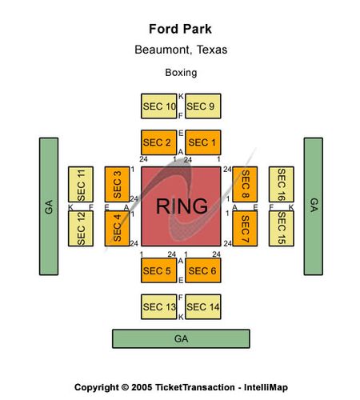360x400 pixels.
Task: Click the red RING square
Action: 181,206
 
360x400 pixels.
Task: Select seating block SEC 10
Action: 158,106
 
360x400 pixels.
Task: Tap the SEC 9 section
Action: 203,106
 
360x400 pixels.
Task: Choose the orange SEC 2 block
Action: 158,142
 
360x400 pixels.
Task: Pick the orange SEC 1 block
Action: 203,142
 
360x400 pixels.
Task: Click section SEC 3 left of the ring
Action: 117,184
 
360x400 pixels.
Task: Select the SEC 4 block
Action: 117,228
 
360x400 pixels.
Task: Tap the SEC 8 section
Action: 245,184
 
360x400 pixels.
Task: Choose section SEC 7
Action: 245,228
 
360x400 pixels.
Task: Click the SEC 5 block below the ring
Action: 158,270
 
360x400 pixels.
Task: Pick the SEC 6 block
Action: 203,270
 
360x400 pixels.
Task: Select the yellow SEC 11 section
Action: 81,184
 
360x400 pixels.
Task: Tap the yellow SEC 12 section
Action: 81,228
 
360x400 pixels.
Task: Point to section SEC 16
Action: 282,184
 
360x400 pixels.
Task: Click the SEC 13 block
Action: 158,306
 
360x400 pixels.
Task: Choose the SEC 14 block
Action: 203,306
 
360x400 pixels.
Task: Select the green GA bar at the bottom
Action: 181,338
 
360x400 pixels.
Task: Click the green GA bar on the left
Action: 49,206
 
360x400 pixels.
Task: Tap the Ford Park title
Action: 180,29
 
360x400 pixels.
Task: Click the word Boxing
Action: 181,73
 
